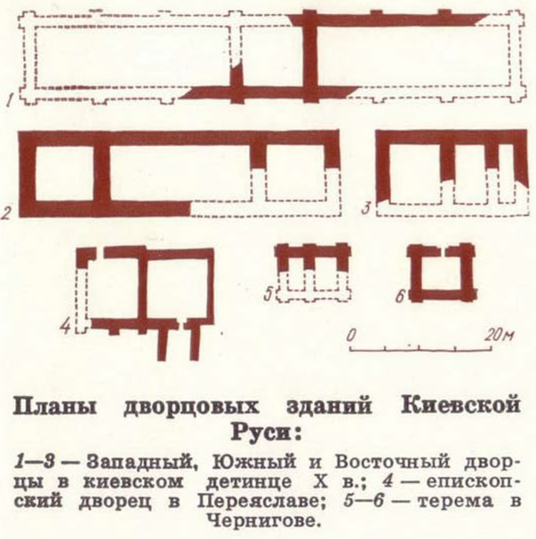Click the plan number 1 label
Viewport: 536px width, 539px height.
(12, 100)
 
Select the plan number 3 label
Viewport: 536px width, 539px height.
(367, 208)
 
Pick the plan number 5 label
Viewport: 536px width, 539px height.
(268, 294)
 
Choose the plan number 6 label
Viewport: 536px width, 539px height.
(400, 296)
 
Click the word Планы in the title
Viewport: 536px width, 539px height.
(56, 407)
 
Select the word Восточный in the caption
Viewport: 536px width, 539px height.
(393, 463)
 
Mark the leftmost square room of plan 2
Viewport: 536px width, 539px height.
(64, 173)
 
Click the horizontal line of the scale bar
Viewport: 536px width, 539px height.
(420, 351)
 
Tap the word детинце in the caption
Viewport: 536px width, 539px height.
(248, 482)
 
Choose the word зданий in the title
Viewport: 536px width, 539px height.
(330, 407)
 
